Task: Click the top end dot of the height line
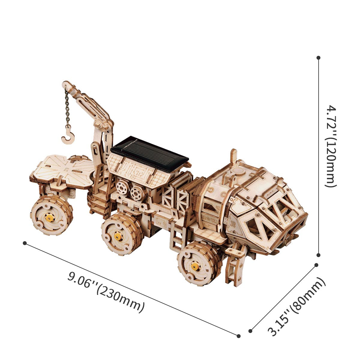(319, 57)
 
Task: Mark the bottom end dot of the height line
(319, 255)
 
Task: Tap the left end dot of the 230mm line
(25, 243)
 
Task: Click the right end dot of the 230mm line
(239, 336)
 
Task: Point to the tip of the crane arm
(65, 84)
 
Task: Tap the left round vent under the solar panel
(123, 188)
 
